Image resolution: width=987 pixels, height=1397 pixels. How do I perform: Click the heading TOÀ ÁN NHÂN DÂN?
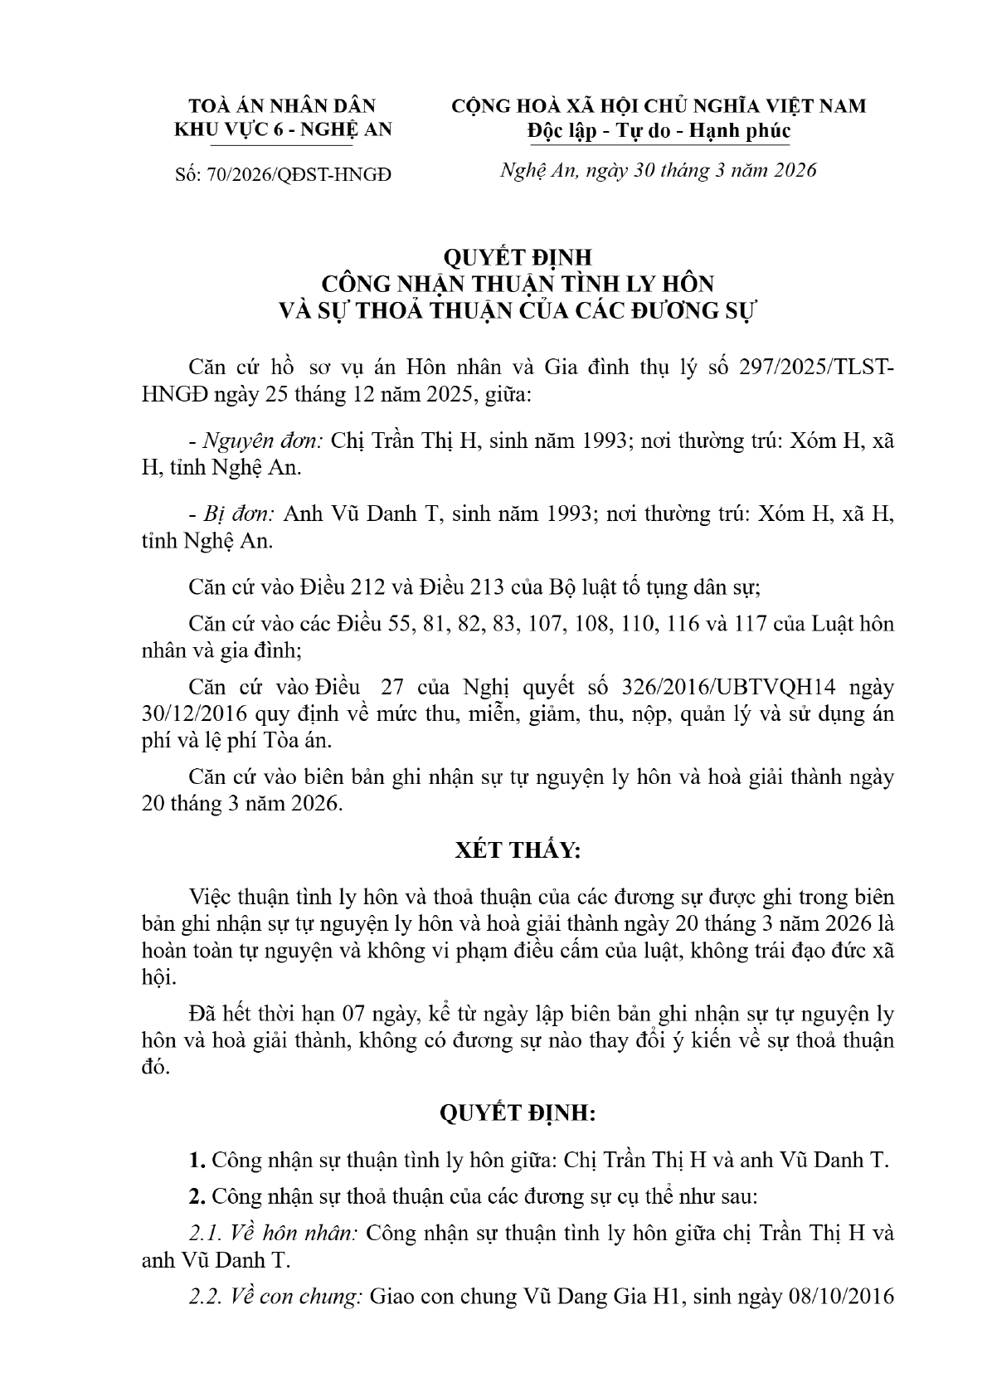282,105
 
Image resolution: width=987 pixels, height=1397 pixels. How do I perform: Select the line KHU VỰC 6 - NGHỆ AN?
282,129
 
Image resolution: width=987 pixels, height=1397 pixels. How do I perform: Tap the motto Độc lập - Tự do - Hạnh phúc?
659,131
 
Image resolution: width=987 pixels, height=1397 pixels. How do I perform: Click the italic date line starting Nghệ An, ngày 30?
659,170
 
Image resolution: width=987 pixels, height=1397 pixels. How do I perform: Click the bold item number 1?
197,1160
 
